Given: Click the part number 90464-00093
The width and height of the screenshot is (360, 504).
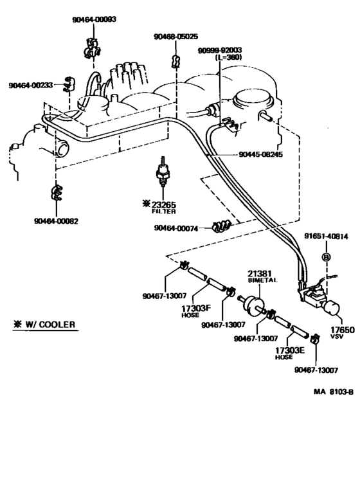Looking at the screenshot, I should (x=94, y=20).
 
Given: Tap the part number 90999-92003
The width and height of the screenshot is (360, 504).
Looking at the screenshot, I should (x=220, y=50).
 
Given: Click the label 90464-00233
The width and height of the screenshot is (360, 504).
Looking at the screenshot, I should (x=31, y=85).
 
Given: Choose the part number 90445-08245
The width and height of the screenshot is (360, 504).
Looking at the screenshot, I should (x=260, y=155).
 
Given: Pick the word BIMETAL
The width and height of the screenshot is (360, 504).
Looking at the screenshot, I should (x=260, y=281).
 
